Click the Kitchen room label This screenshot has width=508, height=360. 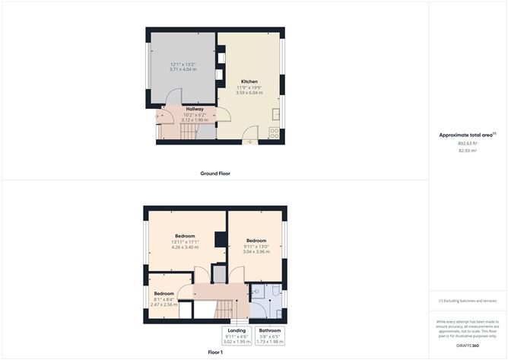pos(249,81)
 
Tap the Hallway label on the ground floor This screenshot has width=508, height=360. pos(185,109)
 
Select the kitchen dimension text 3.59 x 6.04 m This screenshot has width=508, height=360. pos(249,93)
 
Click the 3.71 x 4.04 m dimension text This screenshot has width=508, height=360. pos(183,69)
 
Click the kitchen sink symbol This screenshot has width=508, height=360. pos(275,115)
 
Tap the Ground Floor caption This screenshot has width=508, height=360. pos(215,174)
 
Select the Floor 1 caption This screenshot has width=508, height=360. pos(215,352)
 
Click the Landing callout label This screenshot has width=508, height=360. pos(237,330)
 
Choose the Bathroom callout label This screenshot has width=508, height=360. pos(270,330)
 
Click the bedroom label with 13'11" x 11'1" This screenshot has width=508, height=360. pos(186,236)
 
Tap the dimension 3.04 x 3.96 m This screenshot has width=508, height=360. pos(257,252)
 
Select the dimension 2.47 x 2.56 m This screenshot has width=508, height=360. pos(164,304)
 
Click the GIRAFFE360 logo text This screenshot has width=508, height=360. pos(467,346)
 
